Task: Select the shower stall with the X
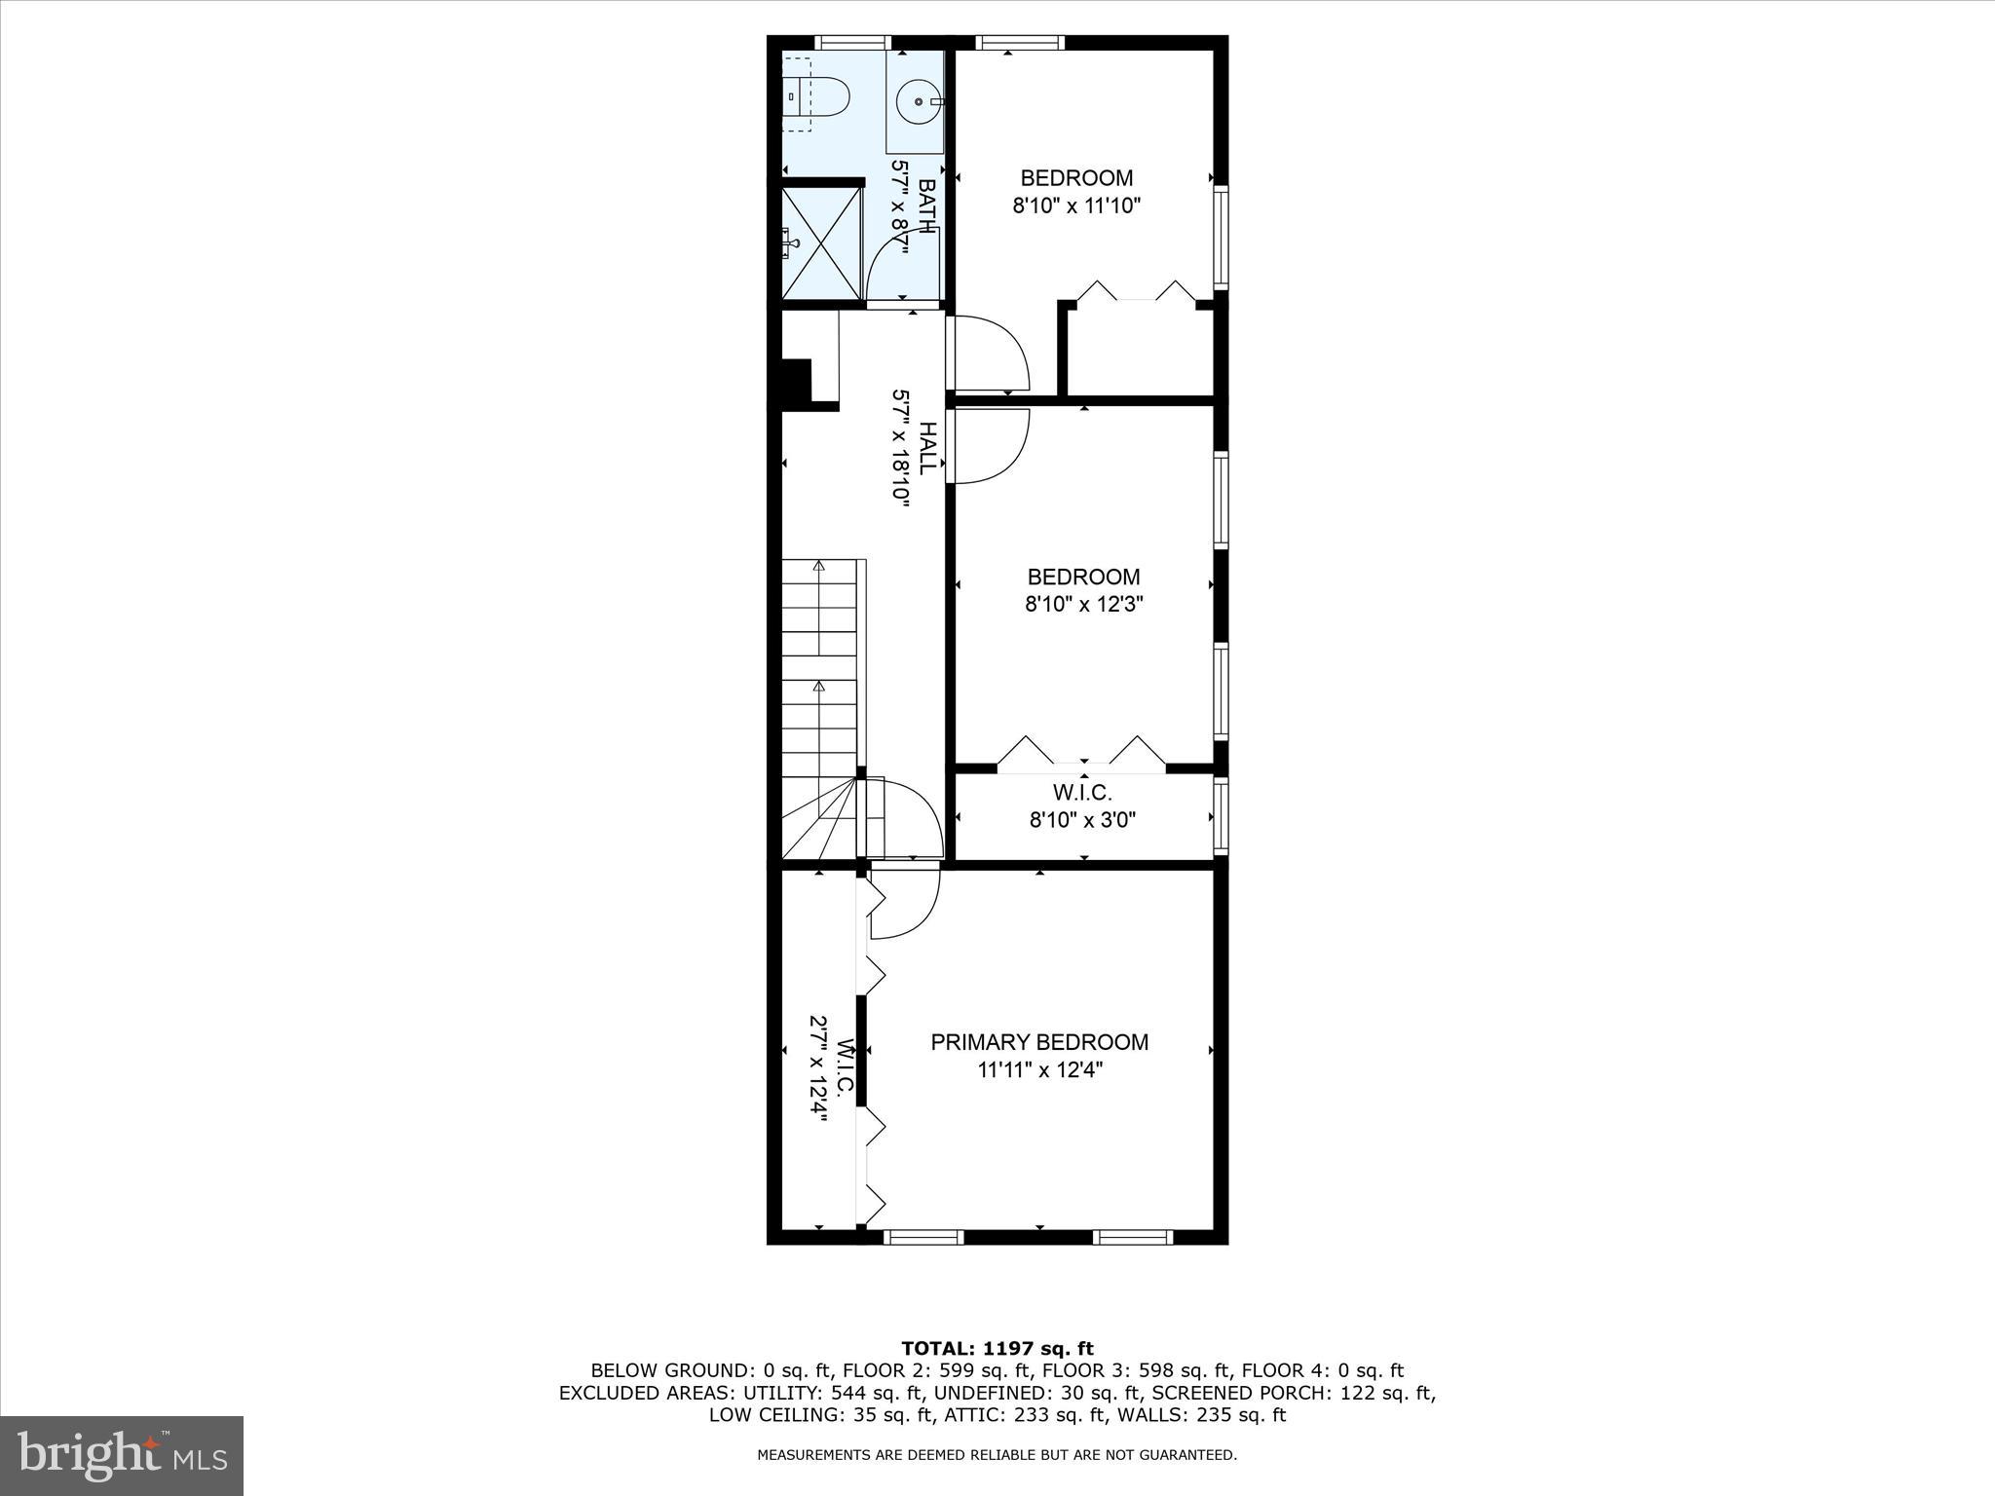(822, 243)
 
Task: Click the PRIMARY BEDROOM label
(1039, 1042)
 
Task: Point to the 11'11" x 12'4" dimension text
(1039, 1070)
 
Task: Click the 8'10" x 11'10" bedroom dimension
(1075, 206)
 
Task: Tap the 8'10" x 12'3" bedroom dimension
(1083, 604)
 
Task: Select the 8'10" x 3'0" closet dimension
(1082, 820)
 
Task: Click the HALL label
(926, 448)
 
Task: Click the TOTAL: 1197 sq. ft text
(997, 1348)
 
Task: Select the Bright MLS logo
(122, 1455)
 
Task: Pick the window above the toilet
(852, 42)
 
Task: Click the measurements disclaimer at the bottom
(997, 1455)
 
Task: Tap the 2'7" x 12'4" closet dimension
(817, 1069)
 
